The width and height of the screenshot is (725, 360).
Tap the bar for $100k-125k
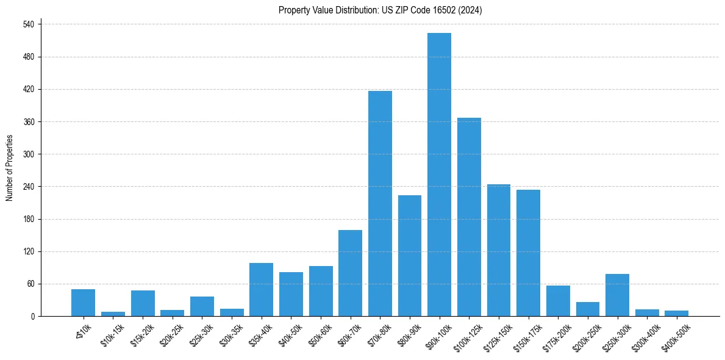[469, 217]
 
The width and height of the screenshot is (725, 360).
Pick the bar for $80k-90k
[410, 256]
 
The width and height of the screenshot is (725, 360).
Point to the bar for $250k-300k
[617, 295]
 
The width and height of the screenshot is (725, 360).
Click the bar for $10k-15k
[113, 314]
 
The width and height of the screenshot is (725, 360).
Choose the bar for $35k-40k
[261, 289]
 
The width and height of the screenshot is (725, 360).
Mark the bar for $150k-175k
[528, 253]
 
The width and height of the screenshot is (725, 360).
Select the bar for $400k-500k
[676, 313]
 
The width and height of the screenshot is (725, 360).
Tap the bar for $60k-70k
[350, 273]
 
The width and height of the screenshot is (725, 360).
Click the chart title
[380, 10]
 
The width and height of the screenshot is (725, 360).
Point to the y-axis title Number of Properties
[10, 168]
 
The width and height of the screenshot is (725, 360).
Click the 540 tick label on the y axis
[28, 24]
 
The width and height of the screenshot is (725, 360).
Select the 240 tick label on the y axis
[28, 187]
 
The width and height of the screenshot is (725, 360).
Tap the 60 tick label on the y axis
[30, 284]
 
